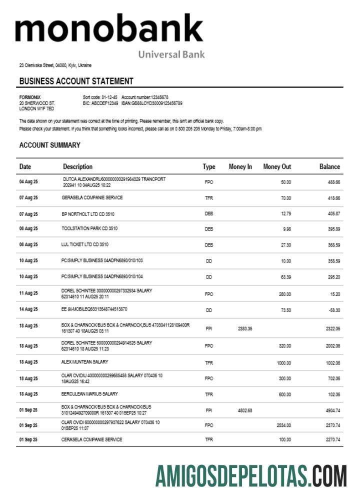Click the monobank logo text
tap(109, 29)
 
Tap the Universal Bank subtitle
tap(171, 54)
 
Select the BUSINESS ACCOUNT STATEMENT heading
tap(76, 81)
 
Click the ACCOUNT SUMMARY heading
tap(49, 145)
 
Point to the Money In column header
tap(240, 167)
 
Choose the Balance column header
tap(329, 167)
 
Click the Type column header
tap(208, 167)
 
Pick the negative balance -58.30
tap(334, 310)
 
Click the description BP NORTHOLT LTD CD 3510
tap(88, 213)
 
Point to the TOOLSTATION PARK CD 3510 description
tap(89, 229)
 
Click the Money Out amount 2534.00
tap(283, 425)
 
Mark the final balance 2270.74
tap(332, 440)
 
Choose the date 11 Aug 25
tap(28, 293)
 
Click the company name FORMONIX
tap(30, 97)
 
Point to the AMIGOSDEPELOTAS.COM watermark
tap(250, 476)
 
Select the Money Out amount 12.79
tap(285, 213)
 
